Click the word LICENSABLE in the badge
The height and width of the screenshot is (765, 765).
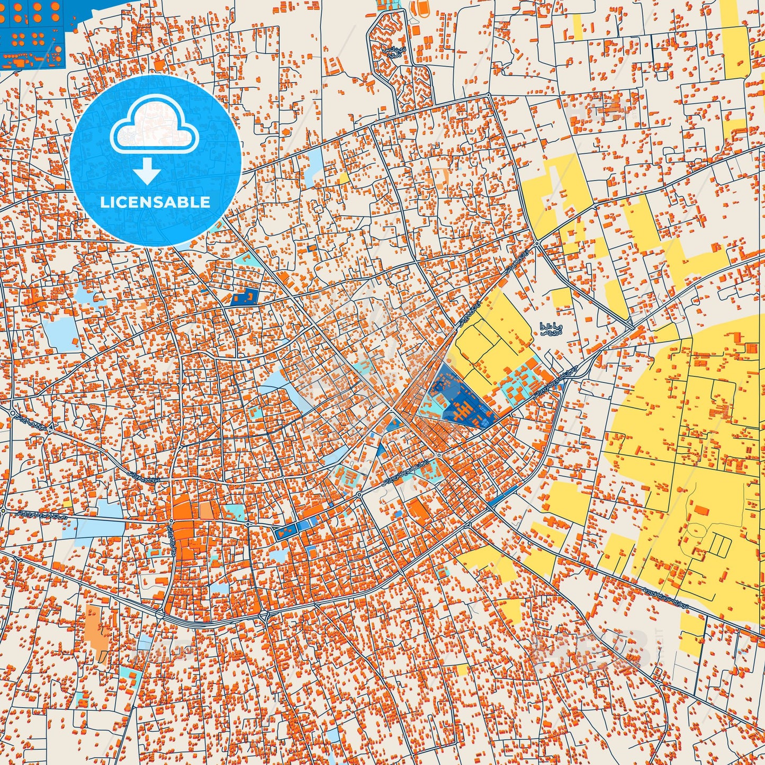click(156, 202)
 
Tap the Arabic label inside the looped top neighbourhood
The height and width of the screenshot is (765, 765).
click(390, 52)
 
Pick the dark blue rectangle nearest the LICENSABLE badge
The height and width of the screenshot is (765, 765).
click(245, 297)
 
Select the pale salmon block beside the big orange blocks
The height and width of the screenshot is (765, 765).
click(206, 510)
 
